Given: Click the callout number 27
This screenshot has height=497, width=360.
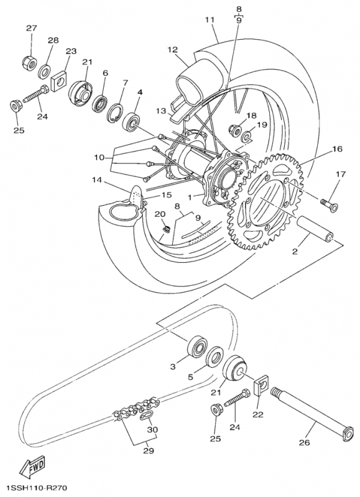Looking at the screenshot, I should tap(31, 29).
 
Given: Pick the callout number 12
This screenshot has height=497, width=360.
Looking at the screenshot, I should tap(172, 49).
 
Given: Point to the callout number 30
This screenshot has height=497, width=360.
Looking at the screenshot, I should tap(152, 429).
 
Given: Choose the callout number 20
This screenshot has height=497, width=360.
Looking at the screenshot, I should tap(159, 214).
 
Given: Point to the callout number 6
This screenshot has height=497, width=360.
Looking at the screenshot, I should tap(105, 73).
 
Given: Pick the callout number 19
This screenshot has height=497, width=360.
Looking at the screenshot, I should tap(262, 125).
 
